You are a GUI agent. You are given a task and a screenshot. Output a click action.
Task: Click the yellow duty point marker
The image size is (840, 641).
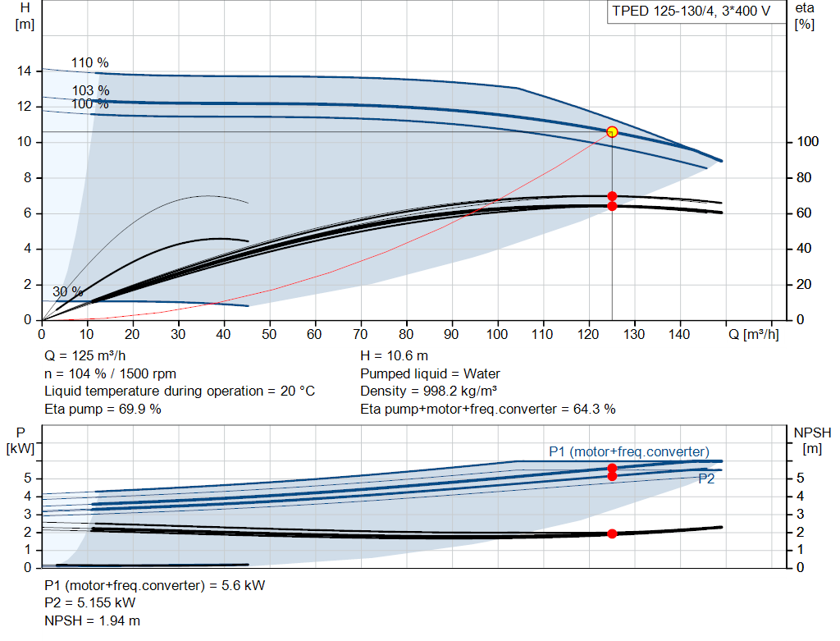(x=612, y=132)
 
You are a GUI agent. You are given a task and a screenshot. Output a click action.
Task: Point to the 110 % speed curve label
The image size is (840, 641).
(x=90, y=62)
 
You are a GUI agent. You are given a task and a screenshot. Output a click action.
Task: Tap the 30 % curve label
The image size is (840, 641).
(x=68, y=291)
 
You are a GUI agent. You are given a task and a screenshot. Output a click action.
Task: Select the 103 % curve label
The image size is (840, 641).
(x=90, y=90)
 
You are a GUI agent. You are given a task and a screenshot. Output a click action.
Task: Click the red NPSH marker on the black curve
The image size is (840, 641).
(x=612, y=533)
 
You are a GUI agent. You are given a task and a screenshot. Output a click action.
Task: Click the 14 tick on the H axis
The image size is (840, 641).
(x=24, y=71)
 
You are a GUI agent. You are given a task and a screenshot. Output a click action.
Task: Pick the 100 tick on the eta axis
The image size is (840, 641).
(x=807, y=141)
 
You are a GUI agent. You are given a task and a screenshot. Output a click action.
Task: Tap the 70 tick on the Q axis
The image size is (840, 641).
(x=361, y=334)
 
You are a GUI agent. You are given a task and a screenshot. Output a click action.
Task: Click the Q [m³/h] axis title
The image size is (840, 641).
(x=753, y=334)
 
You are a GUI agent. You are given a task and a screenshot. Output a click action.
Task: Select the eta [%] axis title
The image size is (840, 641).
(x=805, y=16)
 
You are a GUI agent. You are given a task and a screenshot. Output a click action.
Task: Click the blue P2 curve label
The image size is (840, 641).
(x=706, y=478)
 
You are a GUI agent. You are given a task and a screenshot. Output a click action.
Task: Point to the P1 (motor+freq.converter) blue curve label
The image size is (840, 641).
(x=629, y=451)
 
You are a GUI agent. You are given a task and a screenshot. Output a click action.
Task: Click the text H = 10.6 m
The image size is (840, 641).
(x=395, y=356)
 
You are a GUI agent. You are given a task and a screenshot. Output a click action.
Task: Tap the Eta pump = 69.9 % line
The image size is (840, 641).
(x=103, y=409)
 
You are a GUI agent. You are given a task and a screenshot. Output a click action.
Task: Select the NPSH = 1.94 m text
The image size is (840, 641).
(x=92, y=620)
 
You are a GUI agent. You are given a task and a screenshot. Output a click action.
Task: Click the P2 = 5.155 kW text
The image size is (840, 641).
(x=90, y=603)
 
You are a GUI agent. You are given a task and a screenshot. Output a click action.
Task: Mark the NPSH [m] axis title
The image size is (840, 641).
(x=812, y=441)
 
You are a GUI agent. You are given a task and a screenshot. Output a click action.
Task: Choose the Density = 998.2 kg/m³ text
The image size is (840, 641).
(x=428, y=391)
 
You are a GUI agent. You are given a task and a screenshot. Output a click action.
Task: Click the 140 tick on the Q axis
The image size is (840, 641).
(x=679, y=334)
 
